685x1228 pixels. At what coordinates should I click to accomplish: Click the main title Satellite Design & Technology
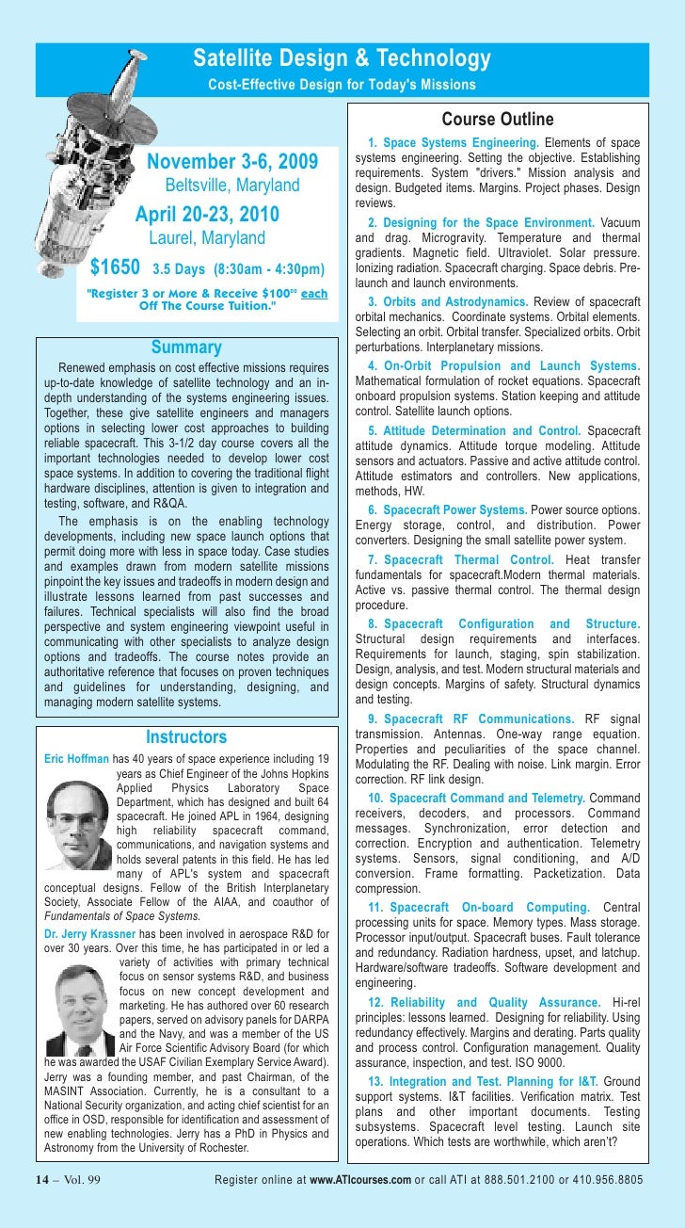342,60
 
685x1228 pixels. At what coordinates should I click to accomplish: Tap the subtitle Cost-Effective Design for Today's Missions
342,86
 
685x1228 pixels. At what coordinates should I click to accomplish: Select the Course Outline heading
498,120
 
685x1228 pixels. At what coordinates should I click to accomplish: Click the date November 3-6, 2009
232,161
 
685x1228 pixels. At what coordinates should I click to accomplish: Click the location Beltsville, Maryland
232,186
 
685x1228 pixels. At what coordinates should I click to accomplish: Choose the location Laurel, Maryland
207,238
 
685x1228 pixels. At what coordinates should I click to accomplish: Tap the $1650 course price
114,267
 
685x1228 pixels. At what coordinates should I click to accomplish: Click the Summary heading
186,348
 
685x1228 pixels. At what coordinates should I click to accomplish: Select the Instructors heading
186,736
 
